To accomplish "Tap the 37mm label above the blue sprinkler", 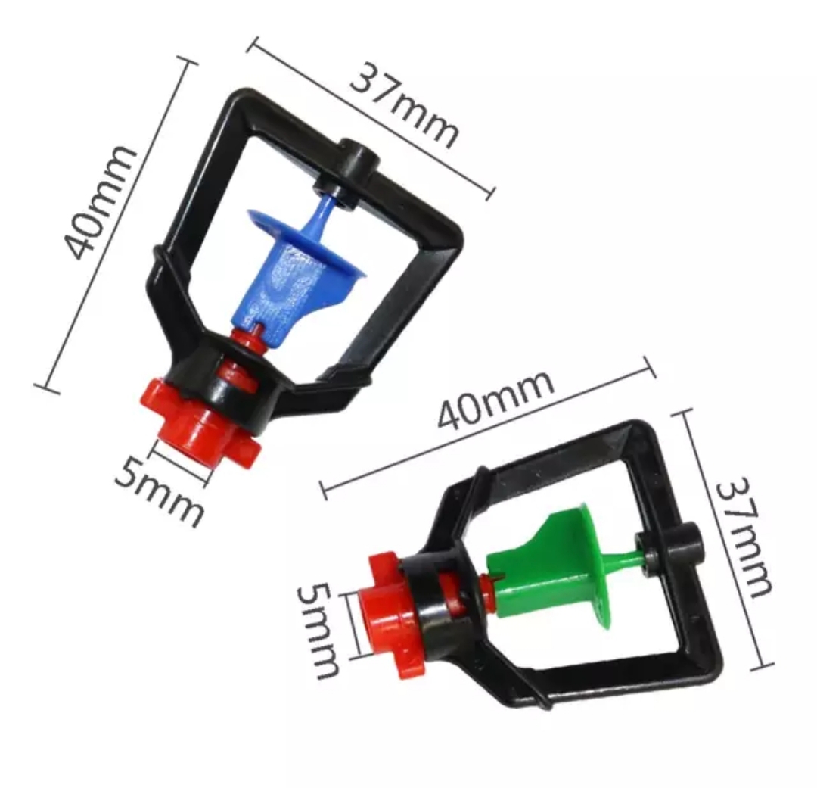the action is coord(404,106).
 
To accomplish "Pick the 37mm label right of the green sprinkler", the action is coord(743,537).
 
